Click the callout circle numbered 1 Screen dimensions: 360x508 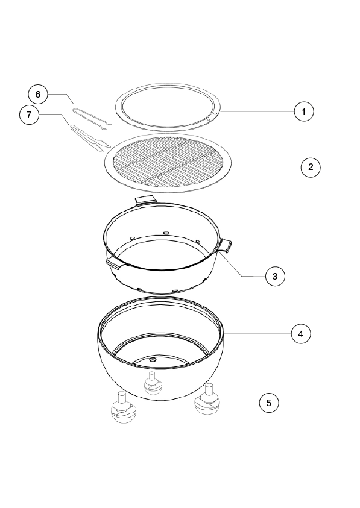click(304, 111)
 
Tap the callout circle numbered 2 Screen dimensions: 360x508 click(311, 167)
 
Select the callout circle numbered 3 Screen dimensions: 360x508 click(275, 277)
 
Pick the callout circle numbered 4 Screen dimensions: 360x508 click(301, 334)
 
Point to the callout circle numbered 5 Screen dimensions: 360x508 click(269, 403)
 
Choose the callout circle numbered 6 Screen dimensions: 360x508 click(38, 94)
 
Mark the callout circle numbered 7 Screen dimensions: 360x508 click(29, 114)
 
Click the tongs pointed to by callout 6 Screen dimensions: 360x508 click(92, 119)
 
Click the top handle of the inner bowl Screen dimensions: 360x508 click(145, 200)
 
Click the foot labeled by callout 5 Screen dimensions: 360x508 click(207, 400)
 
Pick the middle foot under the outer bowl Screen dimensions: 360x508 click(153, 384)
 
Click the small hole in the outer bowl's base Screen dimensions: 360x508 click(152, 359)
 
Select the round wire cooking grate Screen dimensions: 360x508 click(168, 163)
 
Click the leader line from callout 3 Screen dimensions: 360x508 click(242, 264)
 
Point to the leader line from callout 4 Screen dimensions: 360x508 click(257, 334)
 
